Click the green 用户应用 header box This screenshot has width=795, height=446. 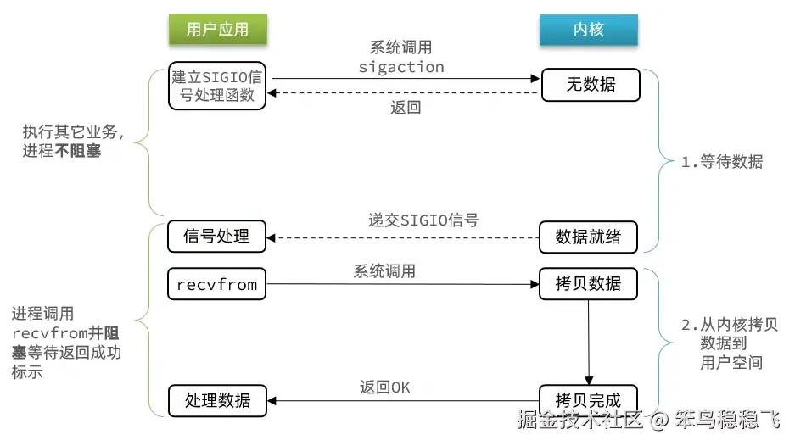click(x=217, y=30)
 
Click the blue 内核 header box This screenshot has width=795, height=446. click(x=588, y=30)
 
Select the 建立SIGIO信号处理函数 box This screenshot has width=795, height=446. click(x=217, y=86)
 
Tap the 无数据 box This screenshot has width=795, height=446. click(x=591, y=85)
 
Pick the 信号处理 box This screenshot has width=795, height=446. click(x=217, y=237)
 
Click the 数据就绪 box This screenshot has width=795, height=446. click(x=588, y=237)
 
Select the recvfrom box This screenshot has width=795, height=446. click(x=217, y=283)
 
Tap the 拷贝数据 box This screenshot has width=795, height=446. click(x=588, y=283)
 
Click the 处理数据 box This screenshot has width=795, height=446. click(x=217, y=400)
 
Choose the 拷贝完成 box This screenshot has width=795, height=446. click(x=588, y=400)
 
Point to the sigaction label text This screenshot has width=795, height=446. click(x=401, y=66)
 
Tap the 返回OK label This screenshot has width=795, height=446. click(x=384, y=387)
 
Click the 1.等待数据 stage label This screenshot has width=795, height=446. click(x=722, y=162)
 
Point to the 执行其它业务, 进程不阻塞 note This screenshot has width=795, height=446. click(x=74, y=142)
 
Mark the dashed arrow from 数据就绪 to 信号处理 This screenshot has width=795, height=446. click(x=403, y=237)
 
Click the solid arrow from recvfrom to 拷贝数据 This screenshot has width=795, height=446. click(x=403, y=284)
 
